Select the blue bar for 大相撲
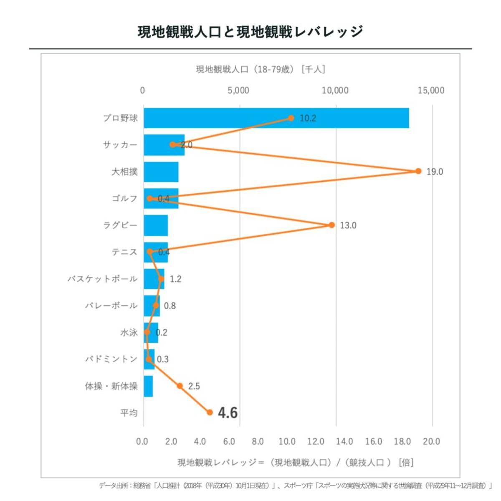(x=161, y=172)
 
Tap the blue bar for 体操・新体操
(x=148, y=386)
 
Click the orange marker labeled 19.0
(x=418, y=171)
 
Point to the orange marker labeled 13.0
(x=332, y=225)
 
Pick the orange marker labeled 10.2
(x=291, y=118)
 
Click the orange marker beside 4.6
(x=210, y=412)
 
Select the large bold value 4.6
(x=228, y=413)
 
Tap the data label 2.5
(x=194, y=386)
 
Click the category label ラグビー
(x=120, y=225)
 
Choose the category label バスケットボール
(x=102, y=279)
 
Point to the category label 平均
(x=129, y=413)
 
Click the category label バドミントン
(x=111, y=359)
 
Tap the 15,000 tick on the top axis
(x=431, y=91)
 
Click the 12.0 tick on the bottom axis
(x=316, y=442)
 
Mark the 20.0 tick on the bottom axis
(x=431, y=442)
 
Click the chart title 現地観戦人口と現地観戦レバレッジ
(x=250, y=32)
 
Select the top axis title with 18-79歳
(x=261, y=69)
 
